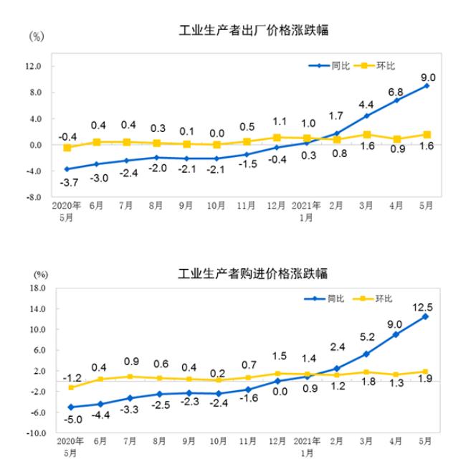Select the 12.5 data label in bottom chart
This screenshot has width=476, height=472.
[426, 306]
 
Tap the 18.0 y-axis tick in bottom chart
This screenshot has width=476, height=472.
[37, 288]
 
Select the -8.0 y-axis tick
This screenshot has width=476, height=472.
[35, 197]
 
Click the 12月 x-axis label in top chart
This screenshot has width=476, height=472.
[276, 205]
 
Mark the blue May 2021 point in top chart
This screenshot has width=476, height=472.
[427, 86]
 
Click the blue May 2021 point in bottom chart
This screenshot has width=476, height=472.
[426, 316]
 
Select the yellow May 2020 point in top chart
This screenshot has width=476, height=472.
[67, 148]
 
